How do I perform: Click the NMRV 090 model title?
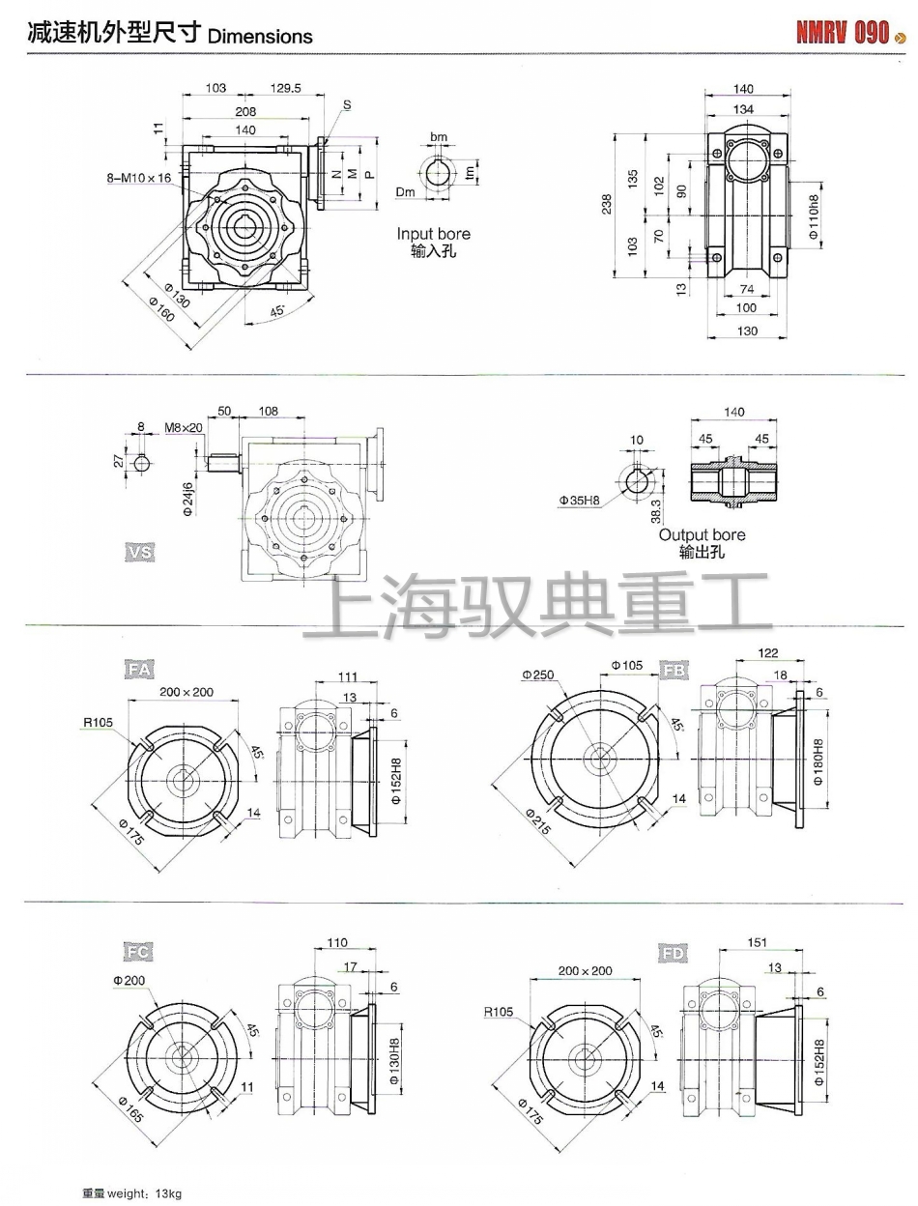[843, 33]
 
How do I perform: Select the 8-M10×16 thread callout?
[139, 178]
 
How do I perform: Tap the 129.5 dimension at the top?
[286, 88]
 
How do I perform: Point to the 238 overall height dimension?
[607, 204]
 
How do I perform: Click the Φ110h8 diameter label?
[814, 215]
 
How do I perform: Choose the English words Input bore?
[434, 234]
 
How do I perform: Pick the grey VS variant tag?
[139, 552]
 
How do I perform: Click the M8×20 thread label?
[184, 427]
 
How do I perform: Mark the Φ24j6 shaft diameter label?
[187, 499]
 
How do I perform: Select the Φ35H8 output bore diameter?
[580, 500]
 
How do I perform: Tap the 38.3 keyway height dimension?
[656, 511]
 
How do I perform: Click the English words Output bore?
[703, 534]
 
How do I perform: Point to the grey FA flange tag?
[139, 670]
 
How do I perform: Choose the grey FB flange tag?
[674, 670]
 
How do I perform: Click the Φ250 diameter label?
[538, 675]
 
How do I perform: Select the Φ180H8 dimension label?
[818, 762]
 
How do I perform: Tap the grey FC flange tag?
[137, 952]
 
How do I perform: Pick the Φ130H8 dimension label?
[394, 1060]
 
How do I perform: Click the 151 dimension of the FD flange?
[757, 942]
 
